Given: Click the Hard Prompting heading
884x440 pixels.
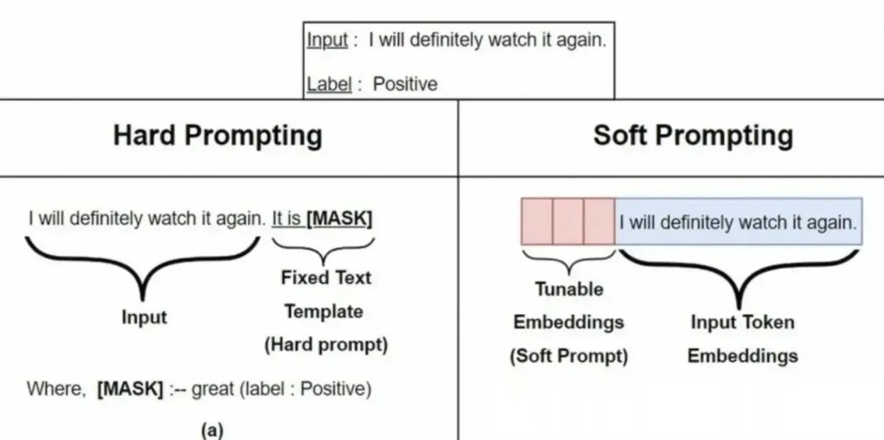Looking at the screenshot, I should (217, 135).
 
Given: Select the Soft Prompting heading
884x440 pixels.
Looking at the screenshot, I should (693, 135).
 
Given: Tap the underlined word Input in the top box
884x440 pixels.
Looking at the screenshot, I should (327, 40).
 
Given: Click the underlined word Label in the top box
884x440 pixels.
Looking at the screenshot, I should (328, 83).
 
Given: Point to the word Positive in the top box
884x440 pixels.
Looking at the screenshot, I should (405, 83).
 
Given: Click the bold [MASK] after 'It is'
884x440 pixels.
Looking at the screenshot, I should (339, 219).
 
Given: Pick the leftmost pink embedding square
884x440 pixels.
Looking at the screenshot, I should (537, 222).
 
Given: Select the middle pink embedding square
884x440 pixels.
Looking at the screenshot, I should (568, 222).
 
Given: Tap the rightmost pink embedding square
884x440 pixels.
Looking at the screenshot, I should (599, 222).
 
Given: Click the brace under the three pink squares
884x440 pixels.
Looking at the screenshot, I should (568, 261).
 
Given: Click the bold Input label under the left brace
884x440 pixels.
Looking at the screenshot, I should (144, 317).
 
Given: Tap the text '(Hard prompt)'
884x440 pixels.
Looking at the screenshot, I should (326, 345).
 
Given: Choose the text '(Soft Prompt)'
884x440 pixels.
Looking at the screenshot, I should (569, 356).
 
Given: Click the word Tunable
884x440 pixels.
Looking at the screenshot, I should (569, 289).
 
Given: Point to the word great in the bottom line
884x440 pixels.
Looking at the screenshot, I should (213, 388).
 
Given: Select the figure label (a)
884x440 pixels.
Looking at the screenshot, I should (212, 429).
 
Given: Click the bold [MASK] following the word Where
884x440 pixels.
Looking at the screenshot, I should (130, 388).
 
